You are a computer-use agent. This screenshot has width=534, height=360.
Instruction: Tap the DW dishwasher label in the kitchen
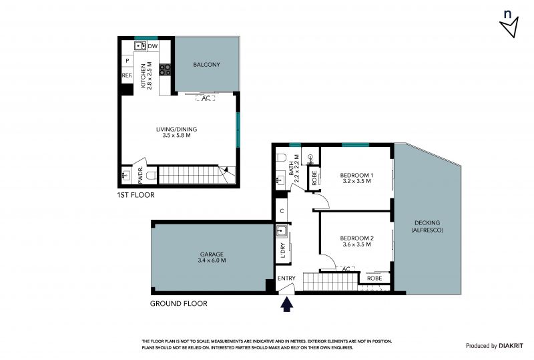(x=153, y=46)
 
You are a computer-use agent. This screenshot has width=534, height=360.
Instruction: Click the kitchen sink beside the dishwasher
(x=140, y=45)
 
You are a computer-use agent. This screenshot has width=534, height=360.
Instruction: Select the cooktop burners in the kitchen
(x=165, y=69)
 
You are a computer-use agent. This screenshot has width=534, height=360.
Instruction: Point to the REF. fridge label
(x=127, y=75)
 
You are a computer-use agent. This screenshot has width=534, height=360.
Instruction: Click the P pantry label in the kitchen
(x=127, y=61)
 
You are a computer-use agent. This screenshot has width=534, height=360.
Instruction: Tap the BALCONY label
(x=206, y=64)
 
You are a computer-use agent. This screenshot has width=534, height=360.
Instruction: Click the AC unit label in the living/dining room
(x=206, y=98)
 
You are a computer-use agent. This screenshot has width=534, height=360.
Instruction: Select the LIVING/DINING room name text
(x=176, y=129)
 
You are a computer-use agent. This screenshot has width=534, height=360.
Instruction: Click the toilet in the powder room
(x=152, y=176)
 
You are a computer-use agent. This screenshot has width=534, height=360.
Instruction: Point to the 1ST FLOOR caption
(x=136, y=195)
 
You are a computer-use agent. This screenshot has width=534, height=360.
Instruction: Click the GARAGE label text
(x=212, y=254)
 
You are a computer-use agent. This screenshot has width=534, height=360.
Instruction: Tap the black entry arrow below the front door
(x=287, y=304)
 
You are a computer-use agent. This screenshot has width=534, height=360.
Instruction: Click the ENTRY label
(x=286, y=278)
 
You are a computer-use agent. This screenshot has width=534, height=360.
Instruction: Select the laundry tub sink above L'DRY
(x=281, y=231)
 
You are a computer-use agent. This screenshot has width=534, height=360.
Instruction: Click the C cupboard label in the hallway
(x=282, y=211)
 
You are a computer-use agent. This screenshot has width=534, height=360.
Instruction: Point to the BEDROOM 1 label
(x=356, y=175)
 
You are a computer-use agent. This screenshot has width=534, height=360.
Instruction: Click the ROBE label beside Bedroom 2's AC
(x=374, y=278)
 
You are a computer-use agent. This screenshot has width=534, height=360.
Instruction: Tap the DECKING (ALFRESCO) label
(x=427, y=226)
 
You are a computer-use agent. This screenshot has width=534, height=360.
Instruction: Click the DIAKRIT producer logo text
(x=511, y=346)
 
